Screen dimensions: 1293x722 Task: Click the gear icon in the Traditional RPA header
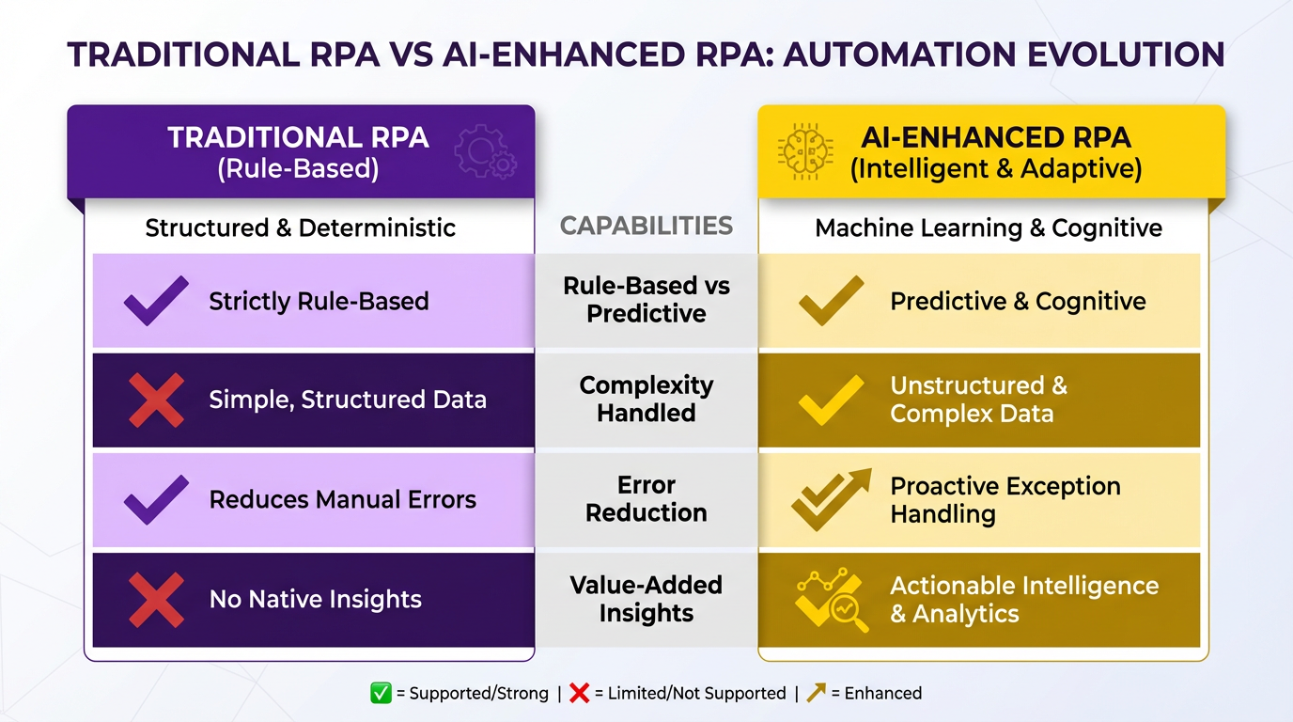(x=486, y=151)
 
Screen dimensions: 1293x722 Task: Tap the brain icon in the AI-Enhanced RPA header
(x=806, y=151)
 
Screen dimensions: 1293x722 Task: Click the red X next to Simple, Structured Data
(x=156, y=400)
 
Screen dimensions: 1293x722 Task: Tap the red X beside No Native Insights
(x=156, y=600)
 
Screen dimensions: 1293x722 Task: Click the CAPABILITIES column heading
(x=646, y=226)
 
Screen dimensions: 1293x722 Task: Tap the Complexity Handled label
(x=646, y=400)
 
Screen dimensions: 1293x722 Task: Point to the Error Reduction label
(x=646, y=499)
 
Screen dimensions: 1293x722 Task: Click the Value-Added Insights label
(x=646, y=599)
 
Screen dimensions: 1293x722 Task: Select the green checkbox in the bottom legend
(x=381, y=693)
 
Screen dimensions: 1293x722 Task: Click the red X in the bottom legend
(x=579, y=693)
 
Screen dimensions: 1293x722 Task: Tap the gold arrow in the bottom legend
(x=817, y=692)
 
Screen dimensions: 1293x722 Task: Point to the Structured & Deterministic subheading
(x=300, y=228)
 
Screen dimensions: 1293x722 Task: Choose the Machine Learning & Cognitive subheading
(x=989, y=228)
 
